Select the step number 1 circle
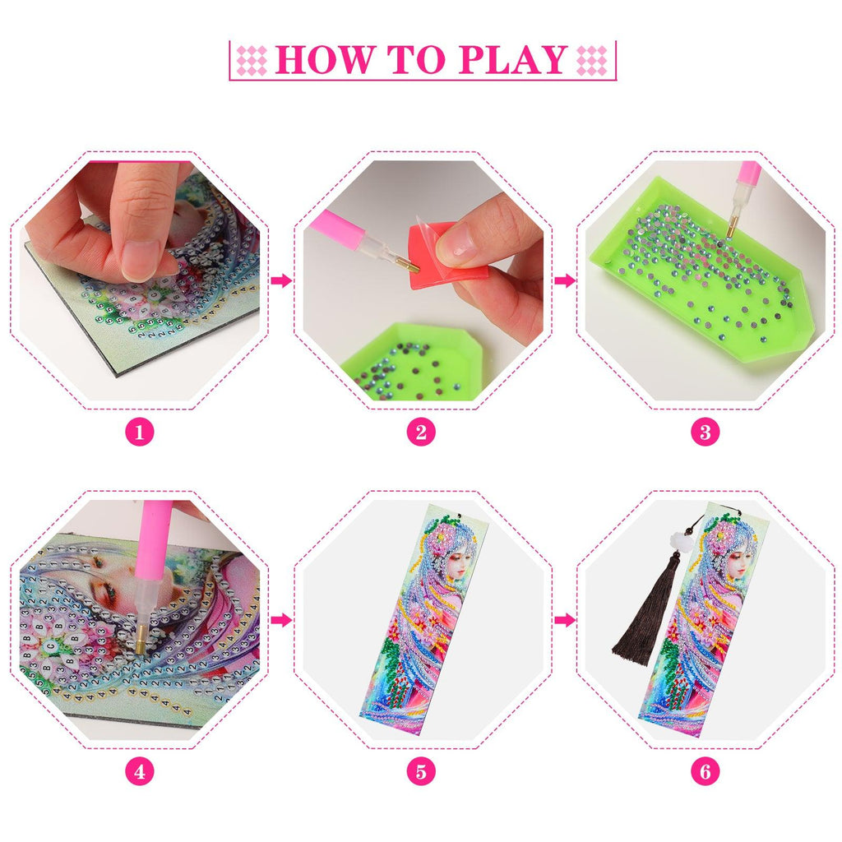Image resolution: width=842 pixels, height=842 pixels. click(x=140, y=433)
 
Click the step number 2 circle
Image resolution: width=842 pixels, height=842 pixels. click(x=421, y=433)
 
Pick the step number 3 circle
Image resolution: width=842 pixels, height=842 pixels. click(x=705, y=433)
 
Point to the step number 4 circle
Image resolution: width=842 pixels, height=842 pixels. click(x=140, y=772)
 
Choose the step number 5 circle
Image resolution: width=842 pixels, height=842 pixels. click(x=421, y=772)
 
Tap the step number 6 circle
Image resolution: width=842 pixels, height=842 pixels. click(x=705, y=772)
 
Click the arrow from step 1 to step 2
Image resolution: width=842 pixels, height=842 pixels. click(x=281, y=280)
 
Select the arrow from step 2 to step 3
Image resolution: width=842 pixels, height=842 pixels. click(x=564, y=280)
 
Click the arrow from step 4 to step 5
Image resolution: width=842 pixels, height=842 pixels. click(x=281, y=620)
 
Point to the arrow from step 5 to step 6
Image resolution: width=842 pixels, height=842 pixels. click(x=564, y=620)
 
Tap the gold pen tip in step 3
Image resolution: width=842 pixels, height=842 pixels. click(x=731, y=226)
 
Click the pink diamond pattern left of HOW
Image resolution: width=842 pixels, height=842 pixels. click(x=252, y=60)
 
